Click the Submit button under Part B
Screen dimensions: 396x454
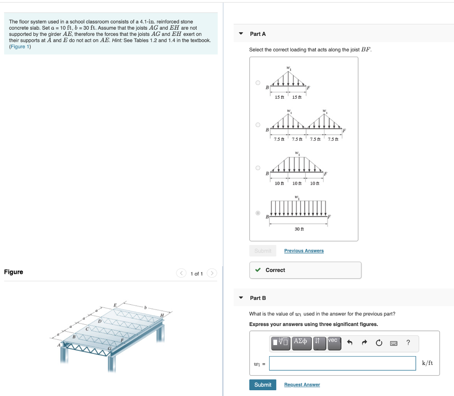tap(262, 384)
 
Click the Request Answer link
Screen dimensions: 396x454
tap(302, 384)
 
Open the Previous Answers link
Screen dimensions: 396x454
tap(304, 251)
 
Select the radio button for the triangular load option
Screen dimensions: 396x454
tap(258, 82)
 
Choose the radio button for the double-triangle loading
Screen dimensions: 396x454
tap(258, 125)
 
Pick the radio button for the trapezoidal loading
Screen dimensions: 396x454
tap(258, 168)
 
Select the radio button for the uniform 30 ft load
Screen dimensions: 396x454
tap(258, 213)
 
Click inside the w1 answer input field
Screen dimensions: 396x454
tap(342, 363)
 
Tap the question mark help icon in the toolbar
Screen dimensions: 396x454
tap(408, 342)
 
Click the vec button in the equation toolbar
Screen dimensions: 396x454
tap(334, 342)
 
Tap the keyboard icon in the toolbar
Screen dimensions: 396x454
tap(393, 342)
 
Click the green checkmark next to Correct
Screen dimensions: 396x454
tap(258, 270)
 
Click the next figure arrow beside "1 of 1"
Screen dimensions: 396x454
tap(212, 273)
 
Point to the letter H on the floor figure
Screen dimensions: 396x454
tap(162, 315)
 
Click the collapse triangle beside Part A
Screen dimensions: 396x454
tap(241, 34)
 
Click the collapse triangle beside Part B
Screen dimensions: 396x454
tap(241, 298)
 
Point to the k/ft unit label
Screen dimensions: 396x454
tap(427, 363)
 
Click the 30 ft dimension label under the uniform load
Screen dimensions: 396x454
tap(299, 229)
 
